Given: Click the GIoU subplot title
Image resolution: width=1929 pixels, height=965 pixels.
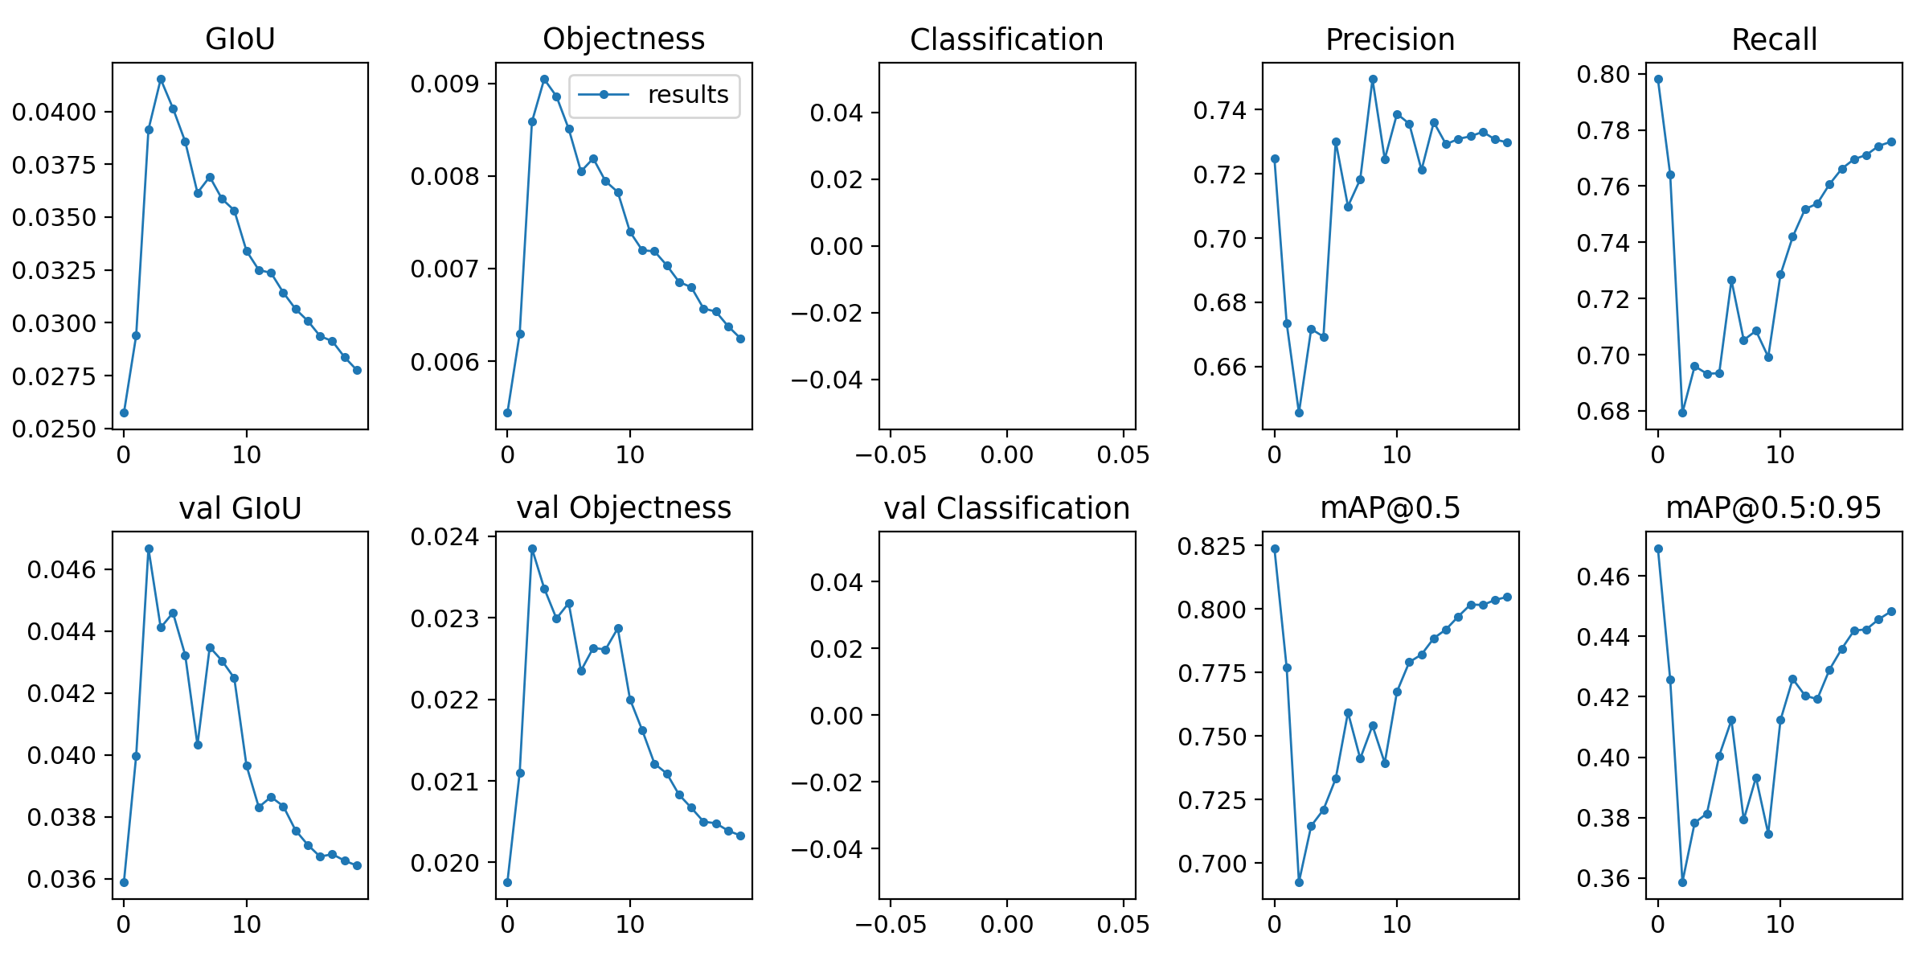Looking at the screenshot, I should (240, 39).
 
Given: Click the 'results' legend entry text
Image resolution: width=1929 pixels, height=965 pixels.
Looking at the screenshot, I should (687, 95).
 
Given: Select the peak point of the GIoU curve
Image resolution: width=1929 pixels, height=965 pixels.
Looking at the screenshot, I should (161, 79).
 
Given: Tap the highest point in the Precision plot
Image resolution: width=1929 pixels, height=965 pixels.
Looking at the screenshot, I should (1373, 79).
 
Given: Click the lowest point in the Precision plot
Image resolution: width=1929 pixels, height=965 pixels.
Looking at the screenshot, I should (1299, 413).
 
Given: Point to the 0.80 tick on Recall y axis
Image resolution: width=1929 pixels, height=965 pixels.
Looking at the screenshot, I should (1603, 74).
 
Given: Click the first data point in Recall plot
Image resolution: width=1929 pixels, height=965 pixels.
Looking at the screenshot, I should (1658, 79).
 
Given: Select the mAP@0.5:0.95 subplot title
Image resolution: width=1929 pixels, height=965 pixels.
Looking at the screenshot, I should (1773, 508).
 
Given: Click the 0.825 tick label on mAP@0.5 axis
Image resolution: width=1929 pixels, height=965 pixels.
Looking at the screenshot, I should (1211, 547).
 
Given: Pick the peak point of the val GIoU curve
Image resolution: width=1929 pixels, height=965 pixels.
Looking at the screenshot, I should (149, 548).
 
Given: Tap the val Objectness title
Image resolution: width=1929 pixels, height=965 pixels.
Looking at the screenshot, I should (624, 508).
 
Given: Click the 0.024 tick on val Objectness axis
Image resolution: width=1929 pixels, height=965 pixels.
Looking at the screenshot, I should (444, 536).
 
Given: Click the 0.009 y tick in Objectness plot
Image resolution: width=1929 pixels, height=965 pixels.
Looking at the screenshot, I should (444, 84).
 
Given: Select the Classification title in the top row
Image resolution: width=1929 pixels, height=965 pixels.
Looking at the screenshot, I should (1006, 39).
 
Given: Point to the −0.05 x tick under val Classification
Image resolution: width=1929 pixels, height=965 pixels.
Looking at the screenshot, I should (890, 925).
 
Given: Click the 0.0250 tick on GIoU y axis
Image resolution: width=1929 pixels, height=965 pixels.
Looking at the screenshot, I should (54, 429).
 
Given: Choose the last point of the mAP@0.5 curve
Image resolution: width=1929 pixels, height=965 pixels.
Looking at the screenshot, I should (1507, 597).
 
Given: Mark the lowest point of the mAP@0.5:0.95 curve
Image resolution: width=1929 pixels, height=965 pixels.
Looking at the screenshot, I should (1682, 882).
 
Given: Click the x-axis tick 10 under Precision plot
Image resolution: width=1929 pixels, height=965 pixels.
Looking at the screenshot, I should (1397, 455).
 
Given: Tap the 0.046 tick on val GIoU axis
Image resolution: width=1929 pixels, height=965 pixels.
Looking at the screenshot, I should (61, 570).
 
